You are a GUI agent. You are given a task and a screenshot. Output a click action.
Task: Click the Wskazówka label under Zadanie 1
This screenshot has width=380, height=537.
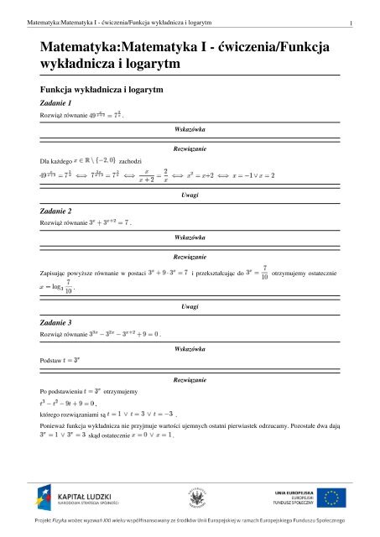click(190, 129)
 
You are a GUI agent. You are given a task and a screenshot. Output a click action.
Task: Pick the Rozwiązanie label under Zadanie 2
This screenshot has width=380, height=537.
click(190, 255)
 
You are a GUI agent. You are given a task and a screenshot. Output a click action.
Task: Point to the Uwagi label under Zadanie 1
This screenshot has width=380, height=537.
click(190, 194)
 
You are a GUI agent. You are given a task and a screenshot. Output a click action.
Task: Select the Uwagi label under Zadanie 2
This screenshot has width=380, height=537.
click(190, 307)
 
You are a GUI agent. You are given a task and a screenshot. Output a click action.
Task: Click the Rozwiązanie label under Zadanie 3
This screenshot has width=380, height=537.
click(190, 380)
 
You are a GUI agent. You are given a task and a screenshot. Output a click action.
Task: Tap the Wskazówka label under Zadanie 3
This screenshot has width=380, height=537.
click(190, 347)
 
